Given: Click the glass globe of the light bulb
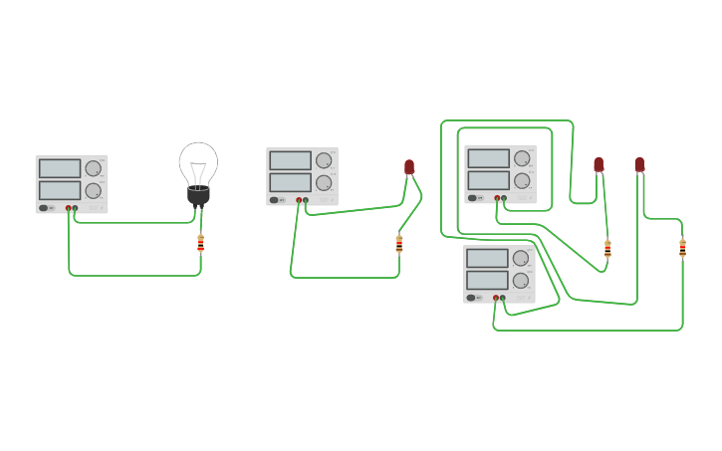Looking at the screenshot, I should pyautogui.click(x=198, y=162).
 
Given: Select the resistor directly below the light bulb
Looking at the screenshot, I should pyautogui.click(x=200, y=243).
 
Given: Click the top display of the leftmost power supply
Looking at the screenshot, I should pyautogui.click(x=60, y=168).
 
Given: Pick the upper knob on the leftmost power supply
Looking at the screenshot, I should pyautogui.click(x=93, y=168).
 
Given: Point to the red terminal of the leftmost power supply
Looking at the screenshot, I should pyautogui.click(x=69, y=208).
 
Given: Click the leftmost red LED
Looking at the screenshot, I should pyautogui.click(x=409, y=167).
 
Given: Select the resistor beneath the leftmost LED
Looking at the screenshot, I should pyautogui.click(x=399, y=243).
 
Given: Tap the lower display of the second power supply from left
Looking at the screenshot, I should pyautogui.click(x=290, y=182).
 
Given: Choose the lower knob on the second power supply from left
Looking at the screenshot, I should pyautogui.click(x=324, y=182).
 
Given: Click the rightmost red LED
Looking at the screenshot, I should pyautogui.click(x=639, y=164).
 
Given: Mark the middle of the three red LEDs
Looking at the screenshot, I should pyautogui.click(x=599, y=164).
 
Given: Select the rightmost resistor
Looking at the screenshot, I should pyautogui.click(x=682, y=248).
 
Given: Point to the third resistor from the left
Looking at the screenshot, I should pyautogui.click(x=607, y=248).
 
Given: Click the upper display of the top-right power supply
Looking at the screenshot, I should pyautogui.click(x=488, y=158).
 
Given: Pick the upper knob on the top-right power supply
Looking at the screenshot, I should pyautogui.click(x=522, y=158).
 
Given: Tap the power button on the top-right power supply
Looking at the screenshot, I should pyautogui.click(x=472, y=198).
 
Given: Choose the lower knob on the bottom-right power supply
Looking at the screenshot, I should pyautogui.click(x=521, y=280).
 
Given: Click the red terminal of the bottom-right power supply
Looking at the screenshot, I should pyautogui.click(x=495, y=298).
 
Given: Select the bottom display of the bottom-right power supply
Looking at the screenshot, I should pyautogui.click(x=487, y=280).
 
